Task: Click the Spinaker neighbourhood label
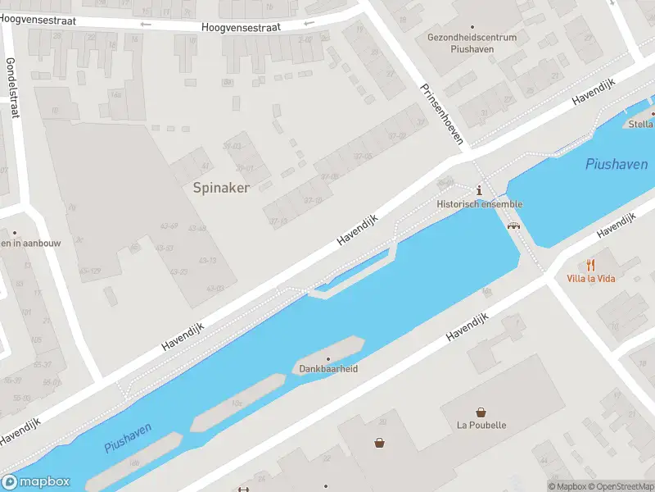click(221, 188)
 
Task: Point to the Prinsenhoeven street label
click(442, 114)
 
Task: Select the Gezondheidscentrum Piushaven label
click(472, 43)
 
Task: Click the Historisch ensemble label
click(479, 204)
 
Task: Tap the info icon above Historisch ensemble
click(479, 190)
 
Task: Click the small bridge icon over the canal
click(513, 225)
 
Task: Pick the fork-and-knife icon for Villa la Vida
click(590, 265)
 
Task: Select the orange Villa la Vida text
click(590, 279)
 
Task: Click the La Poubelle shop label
click(481, 426)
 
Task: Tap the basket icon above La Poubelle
click(481, 412)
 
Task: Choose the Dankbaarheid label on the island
click(328, 369)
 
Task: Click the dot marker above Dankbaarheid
click(328, 358)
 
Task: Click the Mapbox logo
click(36, 482)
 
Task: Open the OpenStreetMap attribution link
click(619, 486)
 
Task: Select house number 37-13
click(278, 221)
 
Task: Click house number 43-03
click(215, 288)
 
